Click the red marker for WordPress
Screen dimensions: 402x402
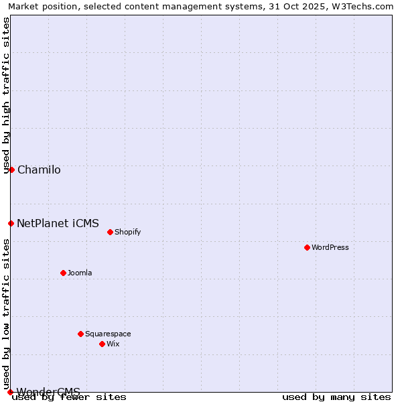coord(307,247)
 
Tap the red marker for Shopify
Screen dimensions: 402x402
coord(110,232)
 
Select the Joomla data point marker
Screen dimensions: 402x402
coord(63,273)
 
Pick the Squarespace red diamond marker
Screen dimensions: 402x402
coord(80,334)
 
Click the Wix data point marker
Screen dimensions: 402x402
coord(102,344)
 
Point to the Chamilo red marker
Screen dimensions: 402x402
coord(11,170)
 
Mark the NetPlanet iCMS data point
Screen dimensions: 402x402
coord(11,223)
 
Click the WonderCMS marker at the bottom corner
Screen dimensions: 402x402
coord(10,392)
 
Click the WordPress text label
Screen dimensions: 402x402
coord(330,247)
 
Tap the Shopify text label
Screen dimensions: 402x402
coord(127,232)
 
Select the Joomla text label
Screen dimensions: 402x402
coord(80,273)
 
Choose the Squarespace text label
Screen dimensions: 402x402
coord(108,334)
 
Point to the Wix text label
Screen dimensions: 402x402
coord(113,344)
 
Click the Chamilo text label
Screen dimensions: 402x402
coord(39,170)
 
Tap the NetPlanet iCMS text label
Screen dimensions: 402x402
coord(58,223)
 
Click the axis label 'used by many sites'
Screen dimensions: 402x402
coord(336,397)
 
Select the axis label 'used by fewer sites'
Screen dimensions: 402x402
coord(69,397)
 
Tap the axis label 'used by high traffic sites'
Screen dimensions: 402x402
coord(6,95)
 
